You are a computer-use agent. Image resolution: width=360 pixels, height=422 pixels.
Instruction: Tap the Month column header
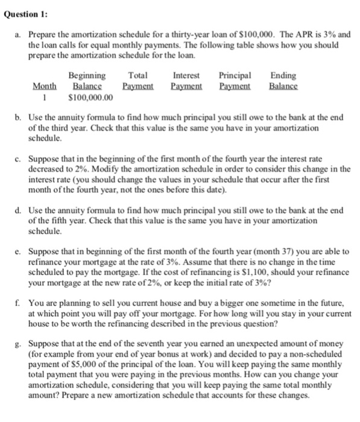click(x=44, y=87)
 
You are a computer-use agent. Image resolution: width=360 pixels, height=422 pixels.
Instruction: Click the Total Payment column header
click(x=138, y=81)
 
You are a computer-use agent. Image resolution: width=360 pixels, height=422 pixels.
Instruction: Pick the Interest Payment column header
click(x=186, y=81)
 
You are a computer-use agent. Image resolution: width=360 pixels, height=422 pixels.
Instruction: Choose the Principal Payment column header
click(x=235, y=81)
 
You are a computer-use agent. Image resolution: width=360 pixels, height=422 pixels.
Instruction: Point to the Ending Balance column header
click(x=283, y=81)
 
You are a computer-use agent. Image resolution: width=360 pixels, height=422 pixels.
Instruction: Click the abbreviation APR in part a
click(x=302, y=35)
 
